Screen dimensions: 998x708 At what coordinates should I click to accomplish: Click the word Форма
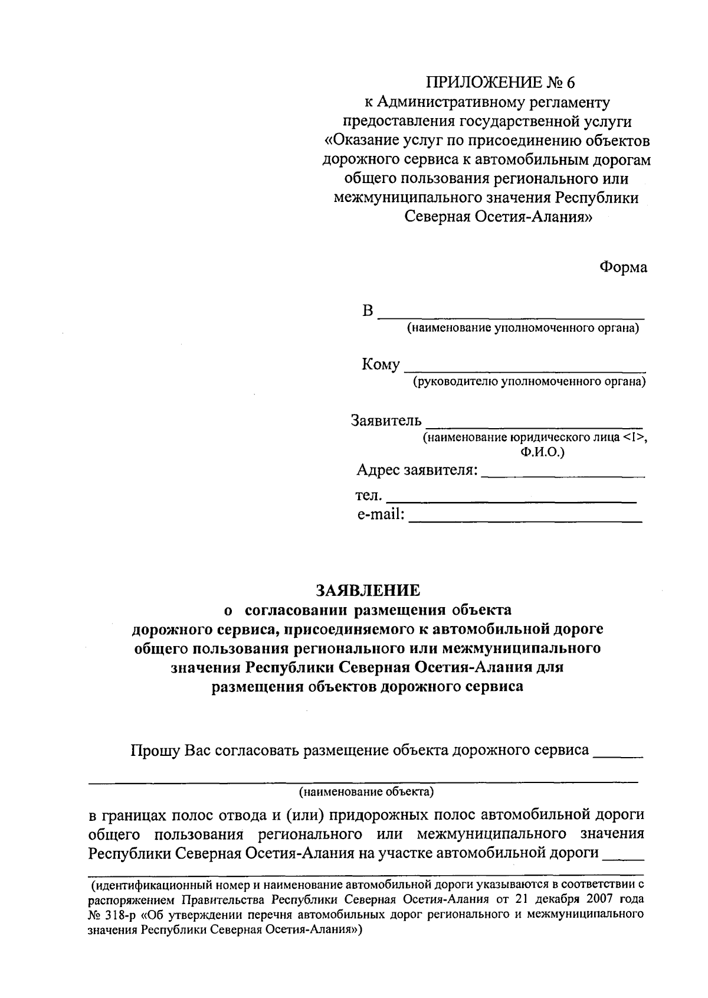tap(623, 268)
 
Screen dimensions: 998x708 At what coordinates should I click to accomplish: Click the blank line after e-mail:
tap(525, 520)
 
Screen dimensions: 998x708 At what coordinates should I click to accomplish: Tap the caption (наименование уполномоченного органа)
tap(523, 328)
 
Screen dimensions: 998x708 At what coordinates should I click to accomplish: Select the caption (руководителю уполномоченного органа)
tap(529, 382)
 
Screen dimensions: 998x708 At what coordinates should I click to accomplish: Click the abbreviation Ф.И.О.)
tap(539, 452)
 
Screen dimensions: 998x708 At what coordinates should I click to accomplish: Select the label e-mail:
tap(381, 515)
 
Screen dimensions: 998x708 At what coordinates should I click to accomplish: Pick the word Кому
tap(381, 365)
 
